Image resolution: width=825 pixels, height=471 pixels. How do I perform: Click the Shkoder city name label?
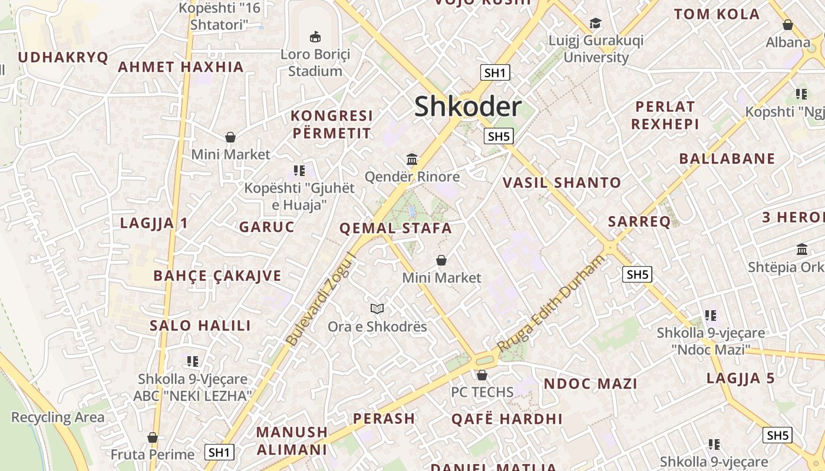click(x=468, y=107)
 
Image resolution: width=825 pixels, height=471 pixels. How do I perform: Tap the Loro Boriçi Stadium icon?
click(x=315, y=37)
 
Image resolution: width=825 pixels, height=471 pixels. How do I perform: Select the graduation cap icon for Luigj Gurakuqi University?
click(x=596, y=24)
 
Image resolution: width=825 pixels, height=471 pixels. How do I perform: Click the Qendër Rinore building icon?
click(x=412, y=159)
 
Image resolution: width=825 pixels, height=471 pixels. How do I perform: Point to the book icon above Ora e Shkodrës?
click(x=377, y=309)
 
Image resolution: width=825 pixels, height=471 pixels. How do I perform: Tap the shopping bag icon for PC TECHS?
click(x=482, y=374)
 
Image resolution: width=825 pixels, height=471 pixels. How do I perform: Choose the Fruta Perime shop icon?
click(x=153, y=437)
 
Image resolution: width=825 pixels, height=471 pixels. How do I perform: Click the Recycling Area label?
click(x=58, y=417)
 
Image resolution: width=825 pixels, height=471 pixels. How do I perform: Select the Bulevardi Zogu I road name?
click(x=321, y=299)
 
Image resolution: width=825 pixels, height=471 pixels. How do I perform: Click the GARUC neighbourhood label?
click(x=266, y=227)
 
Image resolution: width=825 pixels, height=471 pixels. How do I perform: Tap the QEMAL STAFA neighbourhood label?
click(x=395, y=228)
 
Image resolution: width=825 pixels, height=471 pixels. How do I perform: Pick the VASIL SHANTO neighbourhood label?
click(x=562, y=183)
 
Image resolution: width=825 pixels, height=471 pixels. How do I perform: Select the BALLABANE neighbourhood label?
click(x=727, y=158)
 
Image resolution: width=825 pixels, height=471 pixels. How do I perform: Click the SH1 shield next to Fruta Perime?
click(x=219, y=452)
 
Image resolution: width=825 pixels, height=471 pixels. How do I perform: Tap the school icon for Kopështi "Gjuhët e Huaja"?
click(x=299, y=171)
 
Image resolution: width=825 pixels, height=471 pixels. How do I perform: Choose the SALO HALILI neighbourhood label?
click(x=200, y=326)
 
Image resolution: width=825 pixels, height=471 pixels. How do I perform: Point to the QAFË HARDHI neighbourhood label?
click(x=507, y=419)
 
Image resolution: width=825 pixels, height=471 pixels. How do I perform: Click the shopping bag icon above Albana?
click(x=787, y=25)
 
